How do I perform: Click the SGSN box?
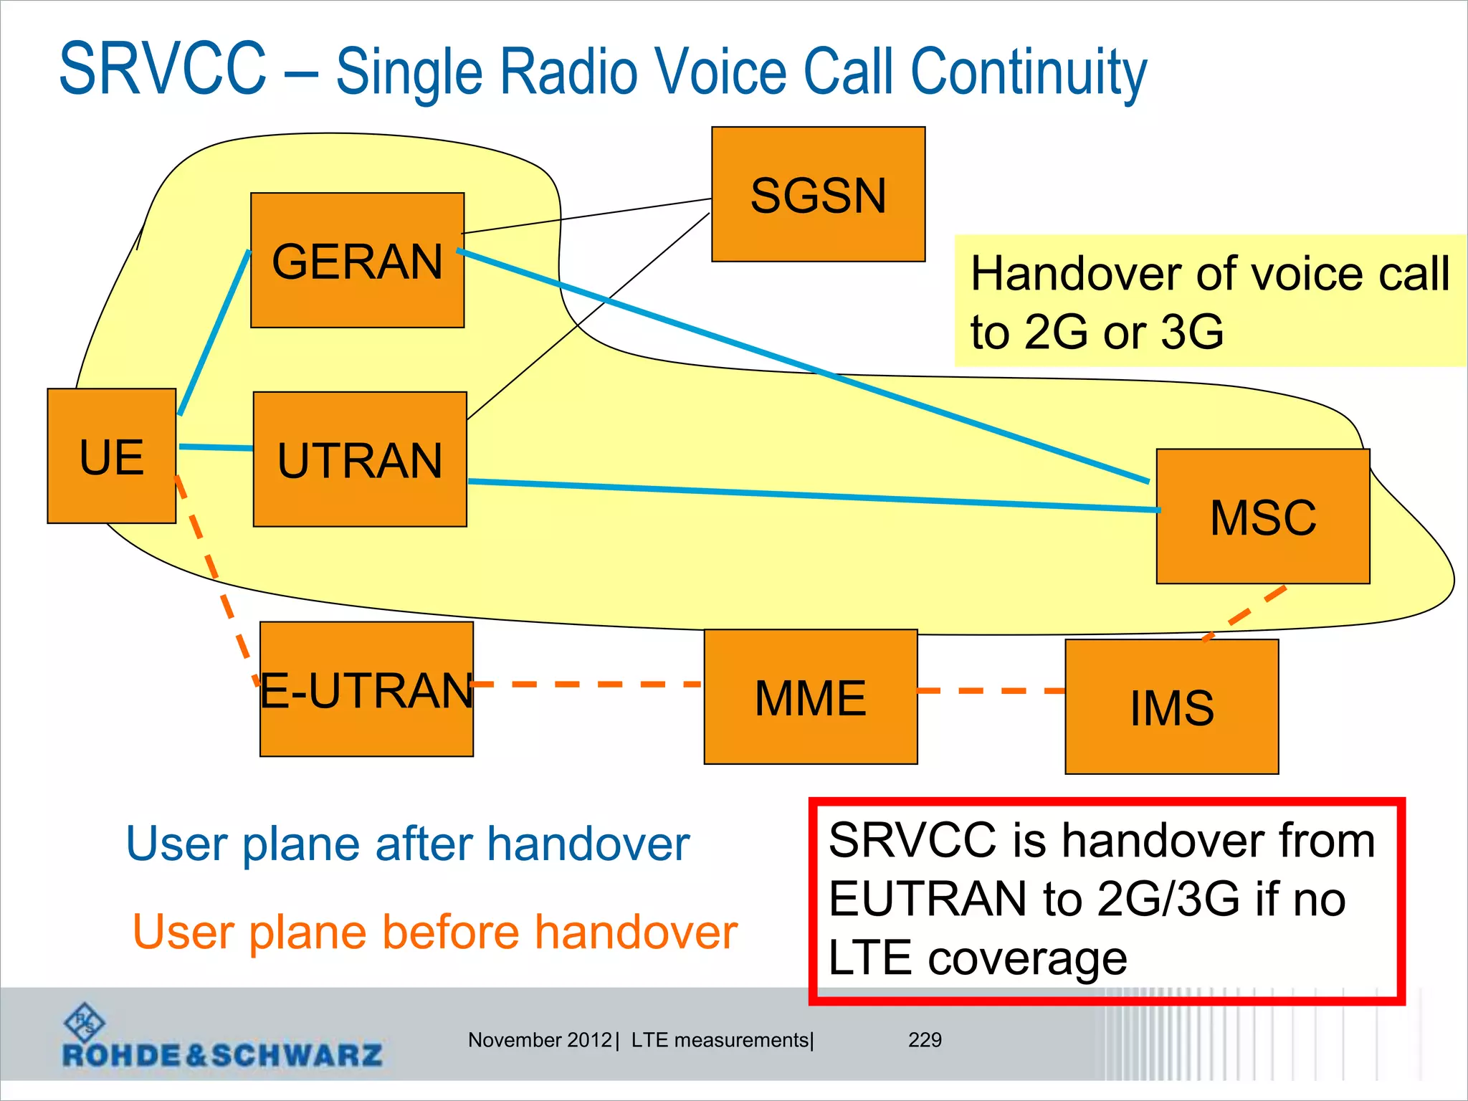(x=818, y=194)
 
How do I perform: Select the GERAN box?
(x=357, y=260)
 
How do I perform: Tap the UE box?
(x=111, y=456)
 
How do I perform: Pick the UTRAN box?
(x=360, y=459)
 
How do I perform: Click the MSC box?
(x=1263, y=516)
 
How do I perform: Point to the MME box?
(x=811, y=697)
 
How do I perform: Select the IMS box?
(x=1172, y=707)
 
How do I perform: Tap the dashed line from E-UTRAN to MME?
(x=588, y=685)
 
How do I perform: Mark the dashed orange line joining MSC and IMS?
(x=1247, y=612)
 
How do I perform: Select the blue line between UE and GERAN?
(x=214, y=333)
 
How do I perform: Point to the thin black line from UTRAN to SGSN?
(x=588, y=315)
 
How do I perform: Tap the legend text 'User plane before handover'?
(x=435, y=932)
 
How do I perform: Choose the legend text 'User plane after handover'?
(x=407, y=844)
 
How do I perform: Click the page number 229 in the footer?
(x=925, y=1039)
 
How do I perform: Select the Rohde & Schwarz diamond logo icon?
(x=85, y=1021)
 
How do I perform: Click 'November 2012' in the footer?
(x=540, y=1039)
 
